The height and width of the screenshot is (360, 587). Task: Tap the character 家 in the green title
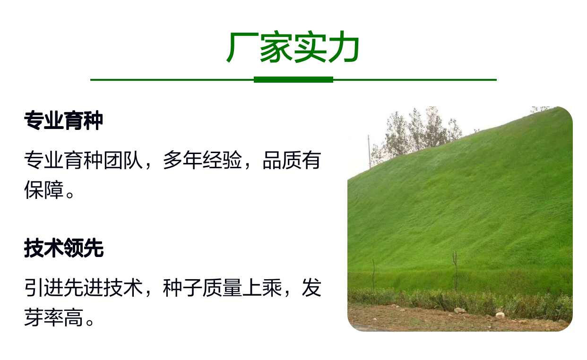tap(276, 47)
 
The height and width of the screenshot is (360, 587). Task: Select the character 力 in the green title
tap(344, 47)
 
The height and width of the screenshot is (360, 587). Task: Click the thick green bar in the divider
tap(293, 80)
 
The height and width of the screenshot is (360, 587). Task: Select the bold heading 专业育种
tap(63, 120)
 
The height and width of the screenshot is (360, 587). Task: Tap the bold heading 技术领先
tap(64, 248)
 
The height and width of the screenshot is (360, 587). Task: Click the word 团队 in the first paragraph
tap(123, 160)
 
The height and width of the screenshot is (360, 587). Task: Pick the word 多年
tap(182, 160)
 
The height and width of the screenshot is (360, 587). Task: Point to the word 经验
tap(222, 160)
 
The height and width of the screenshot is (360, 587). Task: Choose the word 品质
tap(282, 160)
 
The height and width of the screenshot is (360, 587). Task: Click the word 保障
tap(44, 190)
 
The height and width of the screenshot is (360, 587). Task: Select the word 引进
tap(44, 288)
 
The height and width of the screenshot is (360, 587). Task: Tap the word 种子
tap(182, 288)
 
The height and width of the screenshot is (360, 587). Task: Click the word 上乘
tap(262, 288)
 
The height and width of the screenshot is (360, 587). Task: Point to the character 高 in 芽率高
tap(73, 317)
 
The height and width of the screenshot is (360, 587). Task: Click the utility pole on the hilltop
tap(369, 152)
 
